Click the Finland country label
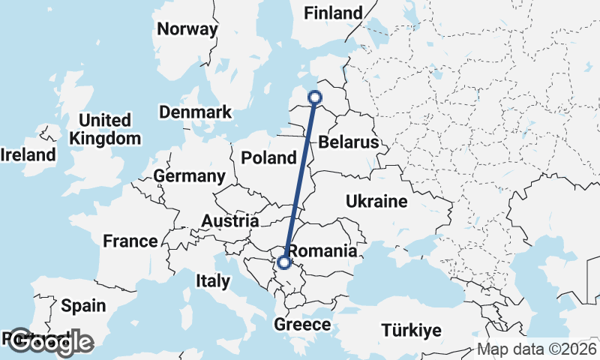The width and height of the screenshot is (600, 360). pos(332,13)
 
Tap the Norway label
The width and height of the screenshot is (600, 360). pos(187,30)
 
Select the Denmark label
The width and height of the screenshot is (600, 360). pos(195,112)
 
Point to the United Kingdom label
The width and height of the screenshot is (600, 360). pos(105,129)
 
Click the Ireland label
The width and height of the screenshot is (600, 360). pos(28,155)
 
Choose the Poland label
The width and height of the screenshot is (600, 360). pos(269,158)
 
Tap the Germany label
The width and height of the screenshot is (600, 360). pos(189,176)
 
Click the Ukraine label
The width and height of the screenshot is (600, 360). pos(376,201)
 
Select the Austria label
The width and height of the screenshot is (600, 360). pos(230,221)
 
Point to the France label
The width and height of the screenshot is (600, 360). pos(130,241)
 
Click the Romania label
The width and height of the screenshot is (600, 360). pos(322,250)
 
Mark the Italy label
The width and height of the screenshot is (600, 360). pos(212,281)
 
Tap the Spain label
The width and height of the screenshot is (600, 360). pos(83,306)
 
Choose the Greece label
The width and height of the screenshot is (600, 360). pos(302,325)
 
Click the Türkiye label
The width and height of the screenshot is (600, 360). pos(411,330)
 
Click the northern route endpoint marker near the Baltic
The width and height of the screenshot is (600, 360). pos(315,97)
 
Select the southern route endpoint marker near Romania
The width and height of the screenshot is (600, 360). pos(283,262)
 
